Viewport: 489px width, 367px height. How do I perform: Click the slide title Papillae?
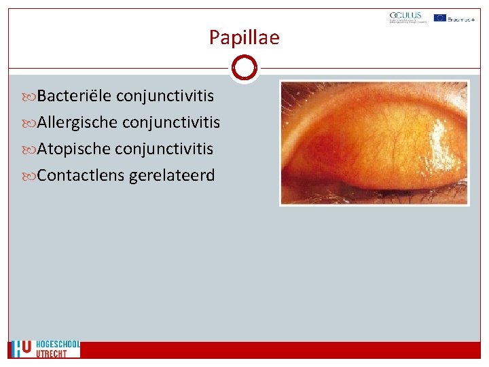coord(244,37)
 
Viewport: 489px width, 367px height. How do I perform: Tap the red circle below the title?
coord(244,68)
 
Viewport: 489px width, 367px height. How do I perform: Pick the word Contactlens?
coord(81,175)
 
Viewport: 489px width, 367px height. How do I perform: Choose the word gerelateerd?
coord(172,175)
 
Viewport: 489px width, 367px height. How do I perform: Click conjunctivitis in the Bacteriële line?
coord(165,96)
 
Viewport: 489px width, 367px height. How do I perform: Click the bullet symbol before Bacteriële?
coord(32,97)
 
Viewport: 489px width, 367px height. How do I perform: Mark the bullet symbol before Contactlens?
coord(32,176)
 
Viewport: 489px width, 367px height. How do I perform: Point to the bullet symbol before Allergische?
coord(32,123)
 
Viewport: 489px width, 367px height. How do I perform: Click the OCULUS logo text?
coord(405,16)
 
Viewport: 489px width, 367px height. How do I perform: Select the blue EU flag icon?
coord(439,18)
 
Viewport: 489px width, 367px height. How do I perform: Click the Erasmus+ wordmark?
coord(463,18)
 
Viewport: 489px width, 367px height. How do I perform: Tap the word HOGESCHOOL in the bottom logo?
coord(58,345)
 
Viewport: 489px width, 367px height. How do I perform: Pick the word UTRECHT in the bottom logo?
coord(52,353)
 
